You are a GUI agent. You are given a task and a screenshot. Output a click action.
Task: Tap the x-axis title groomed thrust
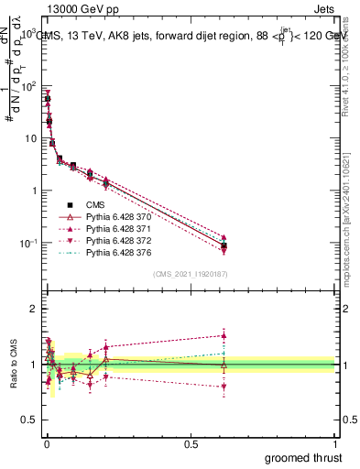pyautogui.click(x=305, y=456)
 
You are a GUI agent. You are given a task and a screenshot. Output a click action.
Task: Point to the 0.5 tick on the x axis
pyautogui.click(x=191, y=443)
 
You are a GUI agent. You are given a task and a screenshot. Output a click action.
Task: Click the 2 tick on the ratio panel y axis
pyautogui.click(x=34, y=309)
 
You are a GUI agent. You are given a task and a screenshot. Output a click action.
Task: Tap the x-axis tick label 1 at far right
pyautogui.click(x=335, y=443)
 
